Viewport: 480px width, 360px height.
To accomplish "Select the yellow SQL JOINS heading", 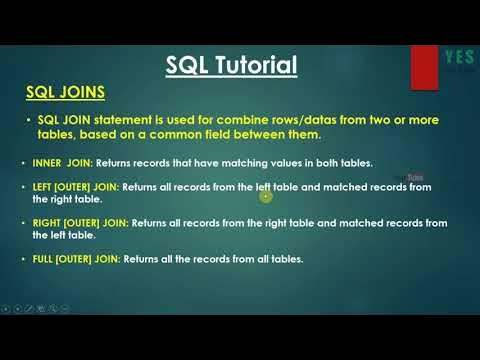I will [65, 92].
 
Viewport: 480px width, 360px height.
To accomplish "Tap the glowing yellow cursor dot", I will [265, 196].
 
